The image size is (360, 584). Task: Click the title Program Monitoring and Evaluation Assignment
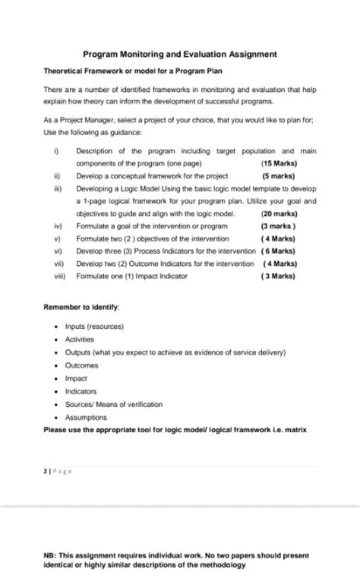click(179, 55)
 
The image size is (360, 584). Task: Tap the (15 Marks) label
click(279, 163)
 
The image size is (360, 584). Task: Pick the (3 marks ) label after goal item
click(278, 226)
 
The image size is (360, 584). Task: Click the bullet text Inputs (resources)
click(95, 327)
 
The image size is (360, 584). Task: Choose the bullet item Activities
click(81, 339)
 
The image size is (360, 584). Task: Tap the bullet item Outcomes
click(82, 365)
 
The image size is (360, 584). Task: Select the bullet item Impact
click(77, 378)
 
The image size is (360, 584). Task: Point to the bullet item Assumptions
click(87, 417)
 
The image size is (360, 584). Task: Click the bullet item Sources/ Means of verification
click(114, 404)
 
